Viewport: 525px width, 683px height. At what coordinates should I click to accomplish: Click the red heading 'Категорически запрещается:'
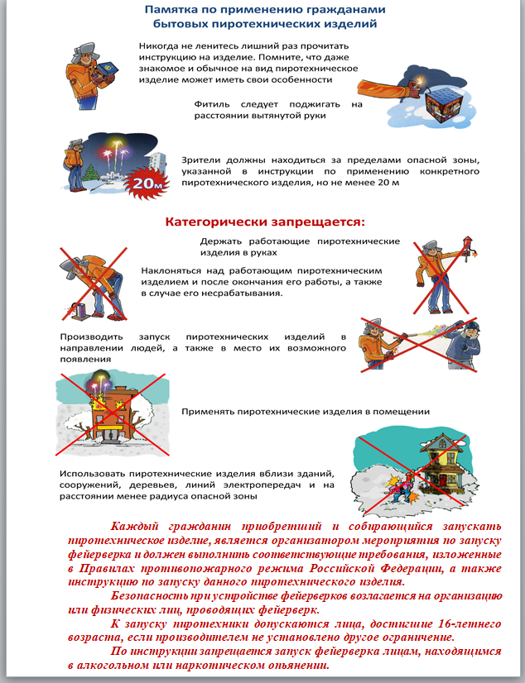coord(265,222)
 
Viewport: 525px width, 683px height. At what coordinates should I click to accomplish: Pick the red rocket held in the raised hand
coord(467,249)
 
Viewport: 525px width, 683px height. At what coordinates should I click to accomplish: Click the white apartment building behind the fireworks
coord(158,162)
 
